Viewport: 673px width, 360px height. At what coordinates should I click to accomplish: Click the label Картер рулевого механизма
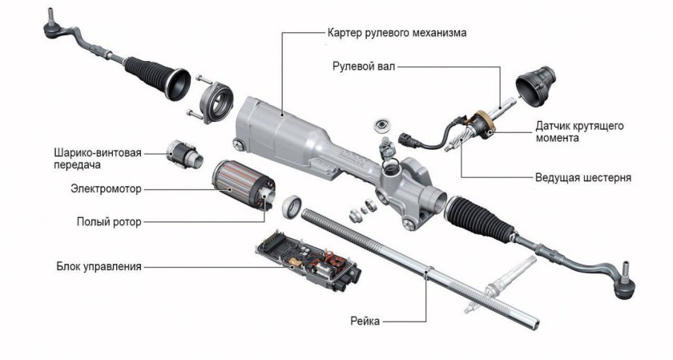(397, 33)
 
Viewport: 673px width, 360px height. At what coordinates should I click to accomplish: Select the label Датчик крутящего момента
(579, 132)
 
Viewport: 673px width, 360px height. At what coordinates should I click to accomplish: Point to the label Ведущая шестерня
(582, 176)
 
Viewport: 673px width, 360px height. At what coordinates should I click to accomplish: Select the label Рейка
(365, 321)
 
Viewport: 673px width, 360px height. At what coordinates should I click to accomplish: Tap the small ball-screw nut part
(183, 152)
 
